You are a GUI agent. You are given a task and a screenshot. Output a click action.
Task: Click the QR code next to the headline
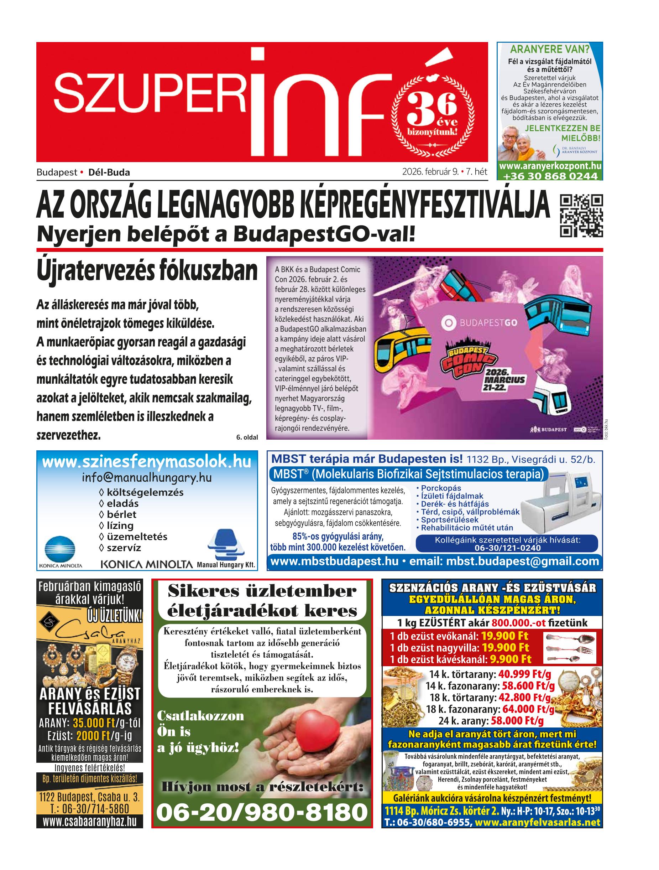(x=581, y=216)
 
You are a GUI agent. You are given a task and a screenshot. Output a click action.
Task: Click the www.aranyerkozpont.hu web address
(x=550, y=167)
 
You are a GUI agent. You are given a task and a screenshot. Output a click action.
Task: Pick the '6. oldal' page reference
(x=247, y=436)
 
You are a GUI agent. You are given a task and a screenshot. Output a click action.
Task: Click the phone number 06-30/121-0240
(x=507, y=548)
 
